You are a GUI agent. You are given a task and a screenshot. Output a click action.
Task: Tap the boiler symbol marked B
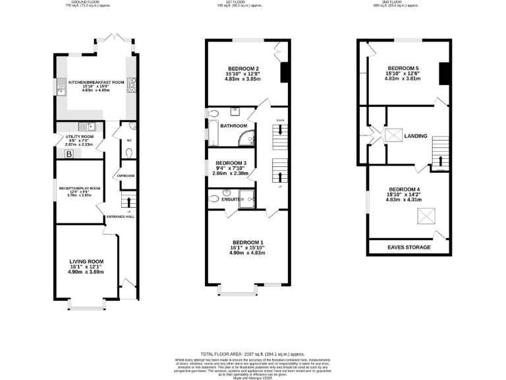pos(69,154)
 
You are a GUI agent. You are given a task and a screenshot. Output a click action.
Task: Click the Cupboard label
pos(126,175)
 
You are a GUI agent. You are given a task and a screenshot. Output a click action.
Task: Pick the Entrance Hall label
pos(121,217)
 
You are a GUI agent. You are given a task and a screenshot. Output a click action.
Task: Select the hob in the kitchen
pos(130,83)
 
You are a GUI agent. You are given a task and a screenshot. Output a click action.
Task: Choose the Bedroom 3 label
pos(231,163)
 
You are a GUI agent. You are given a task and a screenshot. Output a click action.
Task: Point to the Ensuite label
pos(231,198)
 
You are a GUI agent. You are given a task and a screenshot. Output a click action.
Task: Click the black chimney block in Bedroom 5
pos(444,73)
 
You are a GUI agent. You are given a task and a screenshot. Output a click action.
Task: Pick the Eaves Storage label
pos(408,247)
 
